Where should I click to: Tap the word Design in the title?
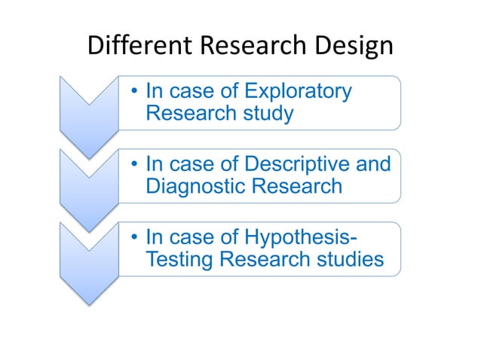pos(354,47)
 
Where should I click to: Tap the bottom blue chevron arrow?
pos(89,260)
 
